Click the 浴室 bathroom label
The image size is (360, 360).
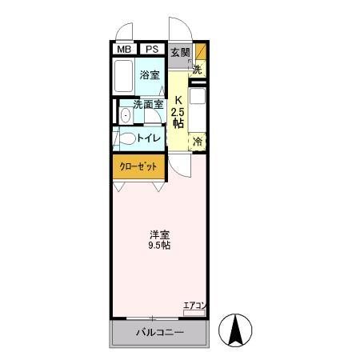tap(149, 76)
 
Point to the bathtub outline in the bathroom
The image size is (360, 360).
tap(123, 77)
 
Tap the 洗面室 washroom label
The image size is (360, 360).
tap(148, 104)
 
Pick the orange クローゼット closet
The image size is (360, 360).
tap(138, 167)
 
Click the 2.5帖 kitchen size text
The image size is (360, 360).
tap(178, 118)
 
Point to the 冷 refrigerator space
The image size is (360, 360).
tap(198, 141)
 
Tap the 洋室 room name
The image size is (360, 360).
tap(158, 234)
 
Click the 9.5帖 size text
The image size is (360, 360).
tap(158, 246)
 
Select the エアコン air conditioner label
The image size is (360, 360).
tap(194, 304)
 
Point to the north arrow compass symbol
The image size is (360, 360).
tap(238, 328)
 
